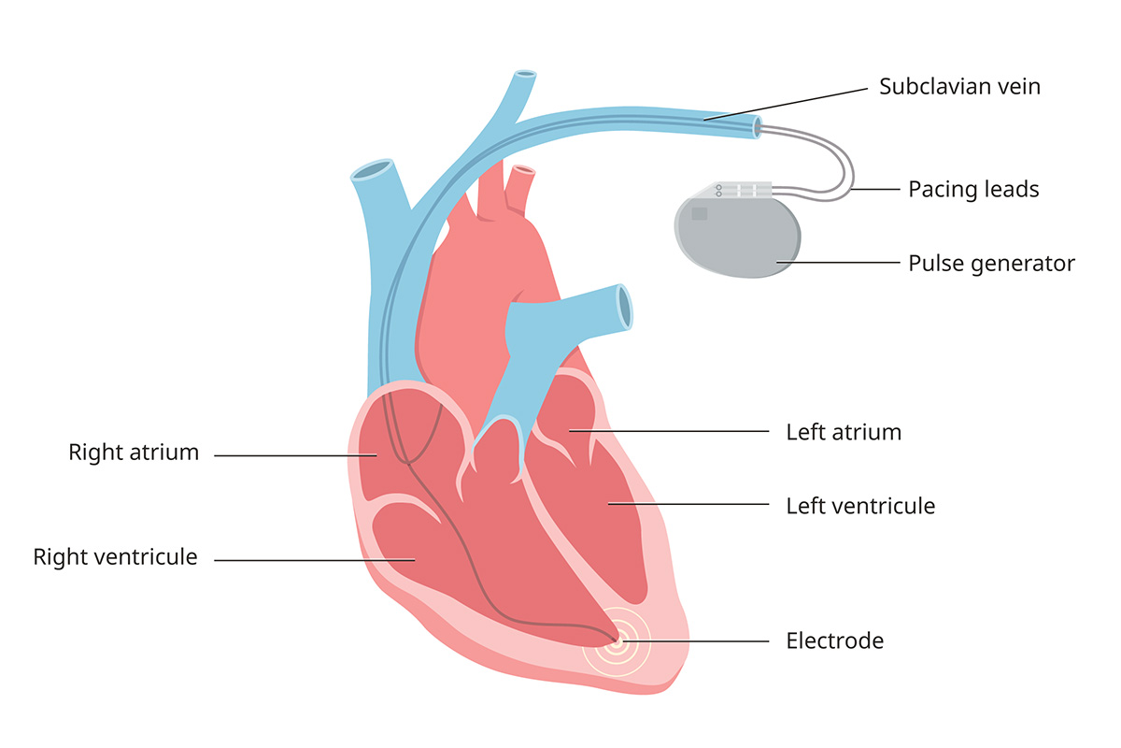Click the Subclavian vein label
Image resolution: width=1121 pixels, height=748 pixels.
959,87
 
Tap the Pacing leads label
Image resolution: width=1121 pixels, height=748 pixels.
973,190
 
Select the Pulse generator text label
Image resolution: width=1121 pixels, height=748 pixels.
991,264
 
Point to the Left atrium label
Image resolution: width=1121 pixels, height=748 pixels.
844,432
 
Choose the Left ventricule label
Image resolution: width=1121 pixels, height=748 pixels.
860,506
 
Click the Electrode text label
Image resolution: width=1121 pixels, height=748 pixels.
834,640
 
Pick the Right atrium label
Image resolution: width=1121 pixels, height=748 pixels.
134,453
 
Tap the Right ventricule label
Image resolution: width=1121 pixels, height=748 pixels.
115,557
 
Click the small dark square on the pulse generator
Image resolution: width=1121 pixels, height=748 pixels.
699,213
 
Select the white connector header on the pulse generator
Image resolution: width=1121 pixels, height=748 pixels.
743,190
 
